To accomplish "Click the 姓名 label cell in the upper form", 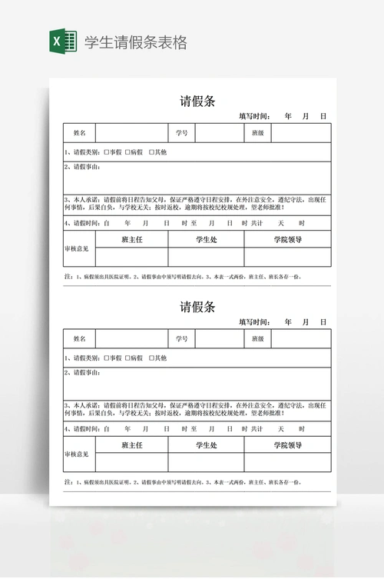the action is [79, 133].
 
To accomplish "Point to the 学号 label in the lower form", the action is [181, 339].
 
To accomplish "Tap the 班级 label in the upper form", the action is [258, 133].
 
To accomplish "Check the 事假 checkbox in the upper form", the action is [107, 152].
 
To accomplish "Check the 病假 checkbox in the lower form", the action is [128, 358].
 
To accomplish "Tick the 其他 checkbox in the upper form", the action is [151, 152].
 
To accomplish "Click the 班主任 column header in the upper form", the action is [132, 240].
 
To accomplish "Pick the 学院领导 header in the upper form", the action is [287, 240].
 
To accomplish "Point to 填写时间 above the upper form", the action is [254, 116].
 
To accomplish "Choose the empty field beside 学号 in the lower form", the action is [219, 339].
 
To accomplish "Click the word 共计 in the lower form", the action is [257, 429].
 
